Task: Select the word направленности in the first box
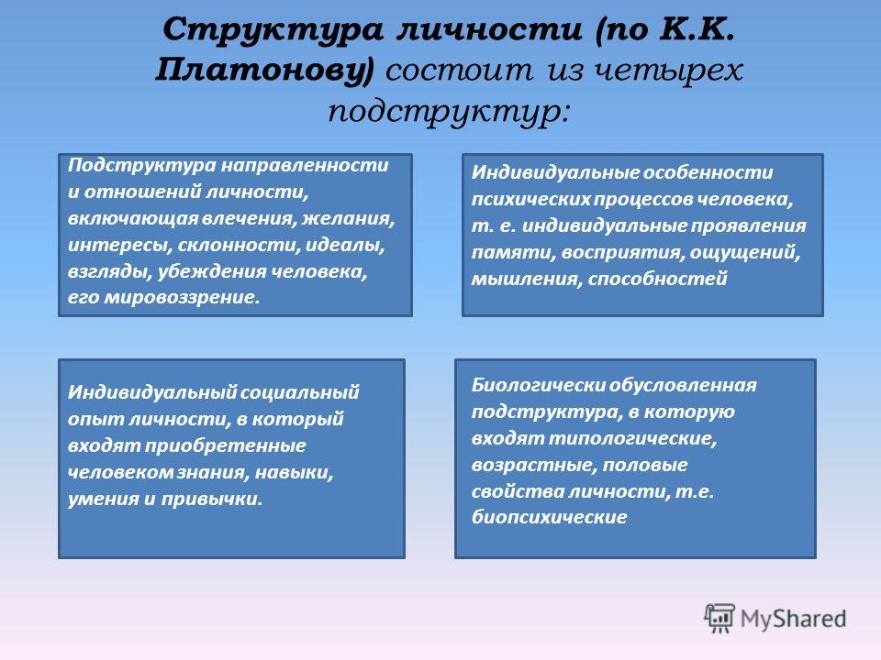pyautogui.click(x=304, y=165)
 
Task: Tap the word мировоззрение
pyautogui.click(x=182, y=297)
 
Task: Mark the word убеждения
pyautogui.click(x=212, y=272)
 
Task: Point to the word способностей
pyautogui.click(x=658, y=279)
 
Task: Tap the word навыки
pyautogui.click(x=295, y=473)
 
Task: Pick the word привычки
pyautogui.click(x=212, y=499)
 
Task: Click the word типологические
pyautogui.click(x=632, y=438)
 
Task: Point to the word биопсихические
pyautogui.click(x=549, y=517)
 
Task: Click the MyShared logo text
pyautogui.click(x=793, y=619)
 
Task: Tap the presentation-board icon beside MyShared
pyautogui.click(x=719, y=618)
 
